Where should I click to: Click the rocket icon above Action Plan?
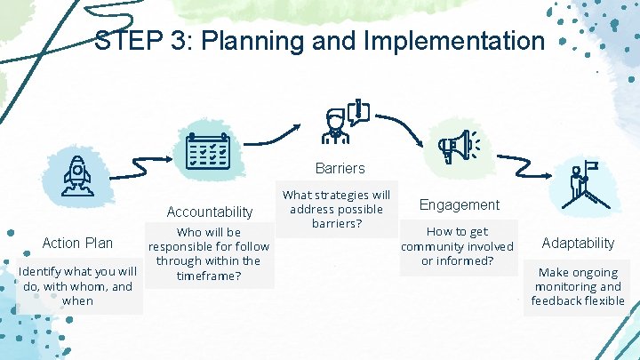[x=77, y=175]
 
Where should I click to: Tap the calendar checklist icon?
[x=208, y=152]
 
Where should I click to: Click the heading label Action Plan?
[x=78, y=243]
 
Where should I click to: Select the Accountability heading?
[x=210, y=212]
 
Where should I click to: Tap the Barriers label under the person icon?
[x=340, y=167]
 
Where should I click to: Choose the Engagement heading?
[x=460, y=204]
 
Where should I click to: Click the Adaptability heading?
[x=579, y=243]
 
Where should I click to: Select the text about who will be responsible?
[x=210, y=254]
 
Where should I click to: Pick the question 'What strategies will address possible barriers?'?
[x=336, y=209]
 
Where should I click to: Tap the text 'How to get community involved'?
[x=457, y=245]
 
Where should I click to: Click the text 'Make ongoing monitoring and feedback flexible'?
[x=578, y=286]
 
